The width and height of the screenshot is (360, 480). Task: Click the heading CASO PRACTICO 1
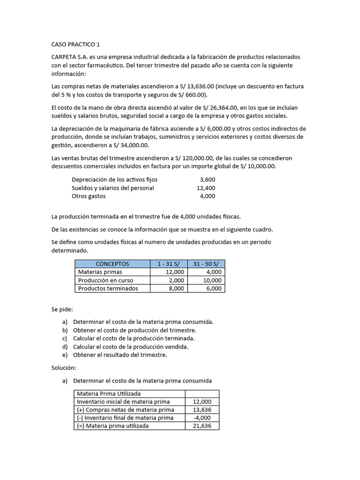(75, 45)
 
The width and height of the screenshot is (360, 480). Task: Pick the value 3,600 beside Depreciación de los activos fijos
(207, 180)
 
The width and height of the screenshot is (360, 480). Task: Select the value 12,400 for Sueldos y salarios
(206, 188)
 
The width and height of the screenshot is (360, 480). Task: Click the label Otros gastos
(89, 196)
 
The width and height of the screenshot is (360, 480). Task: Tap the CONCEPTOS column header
(112, 264)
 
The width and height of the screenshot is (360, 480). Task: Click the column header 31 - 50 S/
(206, 264)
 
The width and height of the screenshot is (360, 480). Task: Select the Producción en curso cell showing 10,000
(212, 280)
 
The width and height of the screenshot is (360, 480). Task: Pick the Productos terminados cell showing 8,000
(176, 289)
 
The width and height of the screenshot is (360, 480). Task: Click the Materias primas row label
(100, 272)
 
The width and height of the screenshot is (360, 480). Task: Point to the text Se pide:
(62, 310)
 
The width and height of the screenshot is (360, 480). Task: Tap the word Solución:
(63, 368)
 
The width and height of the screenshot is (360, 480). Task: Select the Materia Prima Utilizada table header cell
(109, 394)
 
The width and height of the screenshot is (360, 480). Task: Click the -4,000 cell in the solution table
(202, 418)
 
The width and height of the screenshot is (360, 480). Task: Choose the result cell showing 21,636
(202, 426)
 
